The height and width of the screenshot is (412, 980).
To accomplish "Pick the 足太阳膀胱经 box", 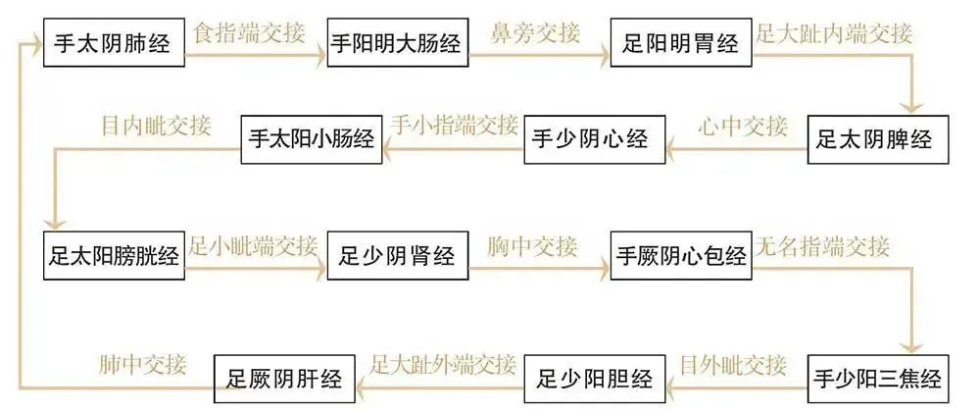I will (x=114, y=257).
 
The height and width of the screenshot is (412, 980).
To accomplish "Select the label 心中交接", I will (x=742, y=126).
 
